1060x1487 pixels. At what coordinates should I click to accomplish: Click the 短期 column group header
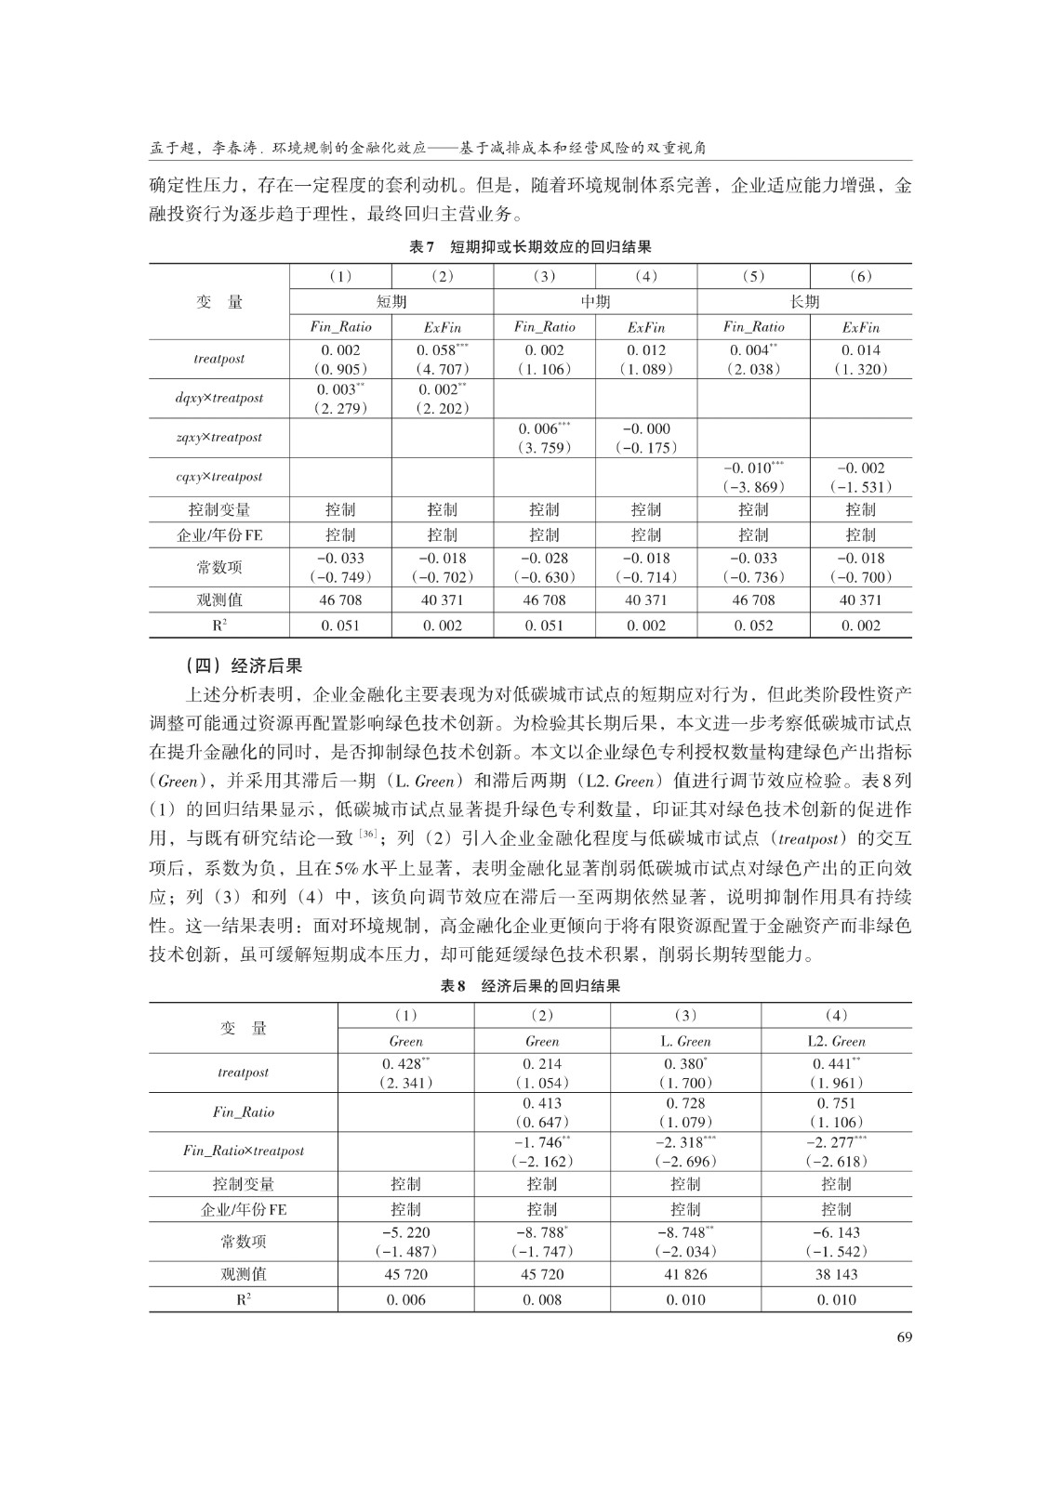tap(391, 301)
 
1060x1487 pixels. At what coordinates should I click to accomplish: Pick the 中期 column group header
tap(595, 301)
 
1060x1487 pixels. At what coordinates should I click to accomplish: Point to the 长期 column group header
tap(804, 301)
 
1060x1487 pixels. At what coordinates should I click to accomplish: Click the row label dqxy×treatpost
tap(219, 398)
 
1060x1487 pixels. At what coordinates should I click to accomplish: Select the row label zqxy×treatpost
tap(219, 437)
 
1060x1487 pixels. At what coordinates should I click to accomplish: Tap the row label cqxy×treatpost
tap(219, 476)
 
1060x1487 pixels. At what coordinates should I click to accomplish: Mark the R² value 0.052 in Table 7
tap(753, 625)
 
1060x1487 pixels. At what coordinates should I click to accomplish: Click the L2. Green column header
tap(836, 1041)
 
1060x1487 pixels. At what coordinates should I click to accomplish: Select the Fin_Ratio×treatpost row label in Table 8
tap(243, 1151)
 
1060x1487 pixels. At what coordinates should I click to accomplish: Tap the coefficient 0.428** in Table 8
tap(405, 1064)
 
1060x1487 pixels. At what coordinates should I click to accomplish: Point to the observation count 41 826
tap(685, 1274)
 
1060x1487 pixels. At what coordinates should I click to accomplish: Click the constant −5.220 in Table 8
tap(405, 1232)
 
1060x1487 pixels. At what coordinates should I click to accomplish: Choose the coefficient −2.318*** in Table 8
tap(685, 1142)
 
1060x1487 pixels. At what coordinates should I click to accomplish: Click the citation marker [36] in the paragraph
tap(369, 833)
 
